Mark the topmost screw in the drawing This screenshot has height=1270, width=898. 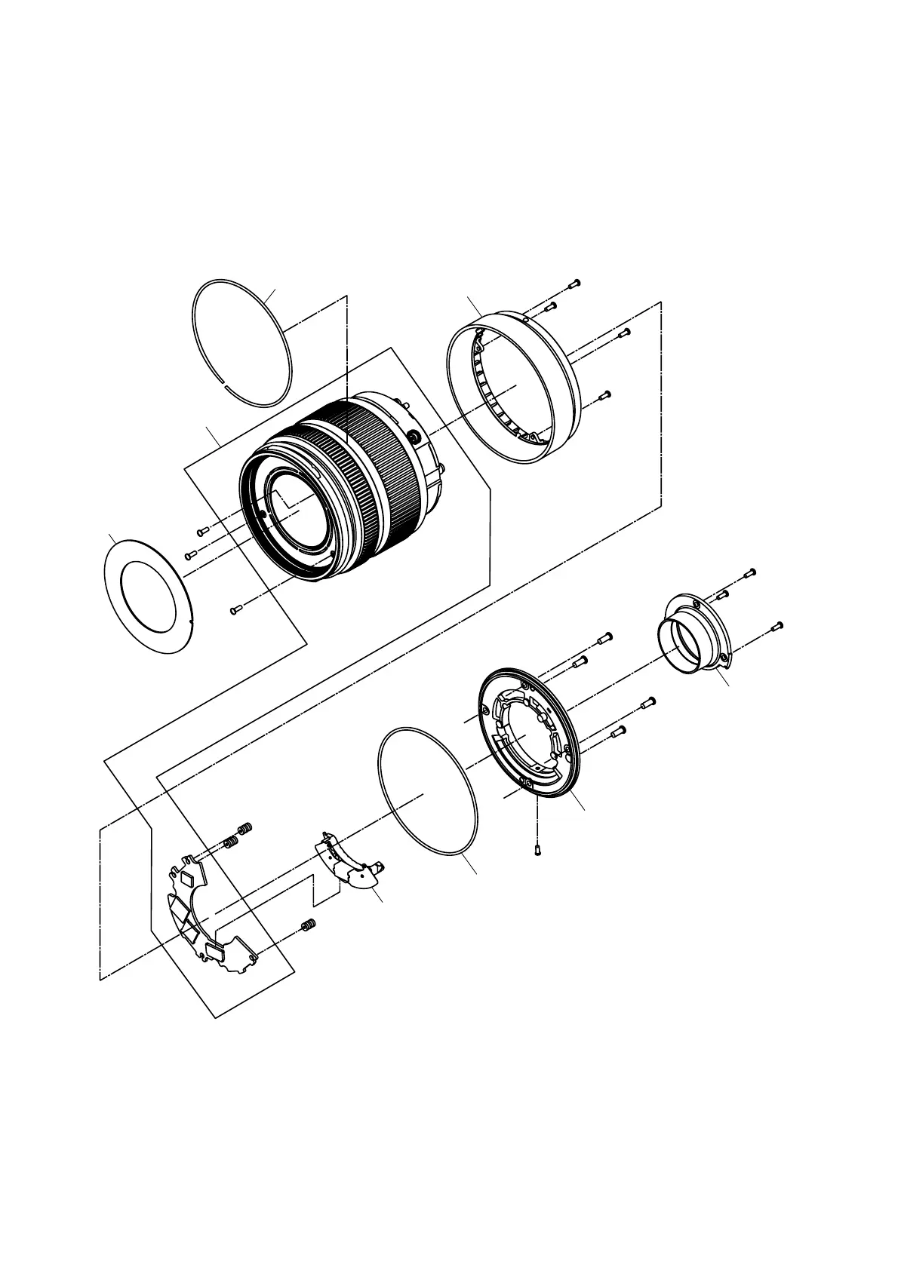coord(574,284)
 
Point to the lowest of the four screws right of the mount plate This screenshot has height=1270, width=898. coord(620,731)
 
